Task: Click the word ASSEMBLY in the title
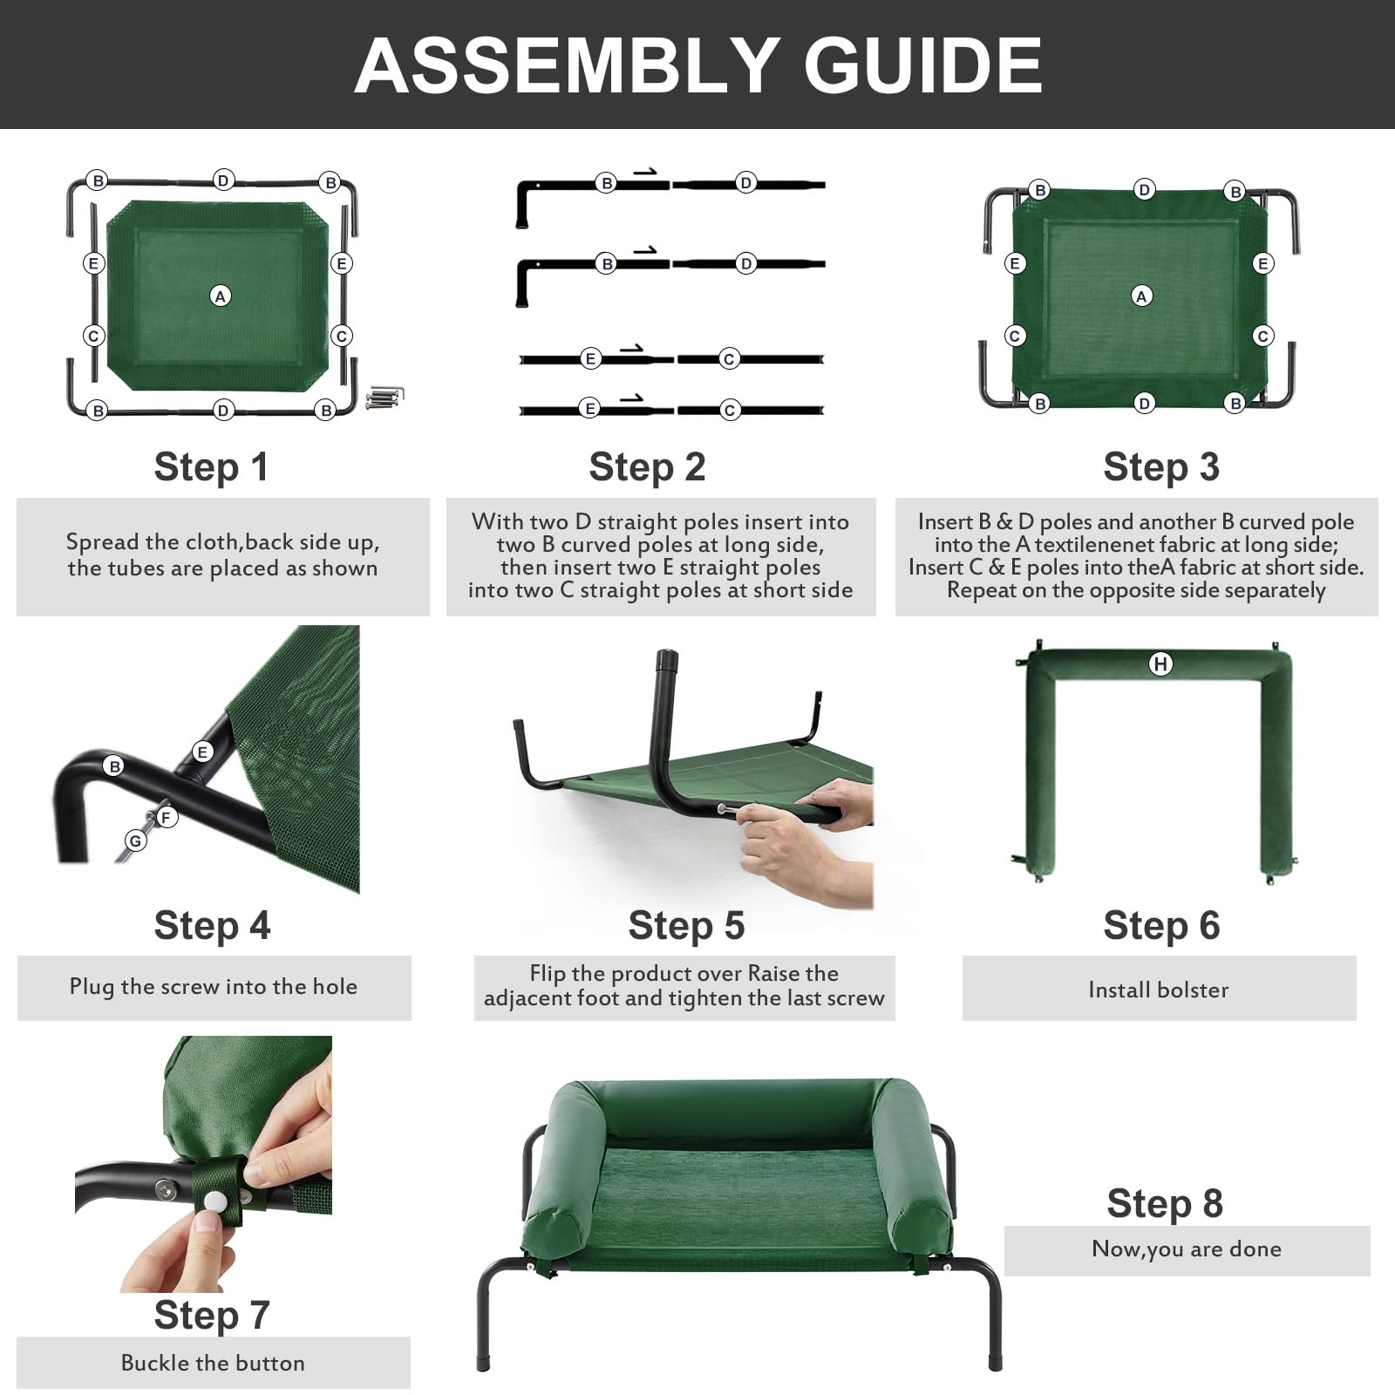tap(567, 65)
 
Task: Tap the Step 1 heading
tap(211, 466)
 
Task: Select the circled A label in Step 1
tap(221, 296)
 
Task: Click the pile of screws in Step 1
tap(384, 398)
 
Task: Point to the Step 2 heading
tap(647, 466)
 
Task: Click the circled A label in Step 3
tap(1141, 296)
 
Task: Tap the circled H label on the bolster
tap(1160, 664)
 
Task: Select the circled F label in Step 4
tap(166, 817)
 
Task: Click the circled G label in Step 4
tap(135, 840)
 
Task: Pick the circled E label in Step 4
tap(202, 752)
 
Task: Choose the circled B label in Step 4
tap(114, 766)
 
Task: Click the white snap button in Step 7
tap(214, 1201)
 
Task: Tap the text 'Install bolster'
tap(1159, 990)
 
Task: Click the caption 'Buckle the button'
tap(213, 1363)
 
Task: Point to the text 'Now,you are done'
tap(1187, 1249)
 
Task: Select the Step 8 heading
tap(1165, 1203)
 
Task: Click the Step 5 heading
tap(686, 925)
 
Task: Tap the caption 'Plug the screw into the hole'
tap(214, 986)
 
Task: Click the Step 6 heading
tap(1161, 925)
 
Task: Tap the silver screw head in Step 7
tap(164, 1188)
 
